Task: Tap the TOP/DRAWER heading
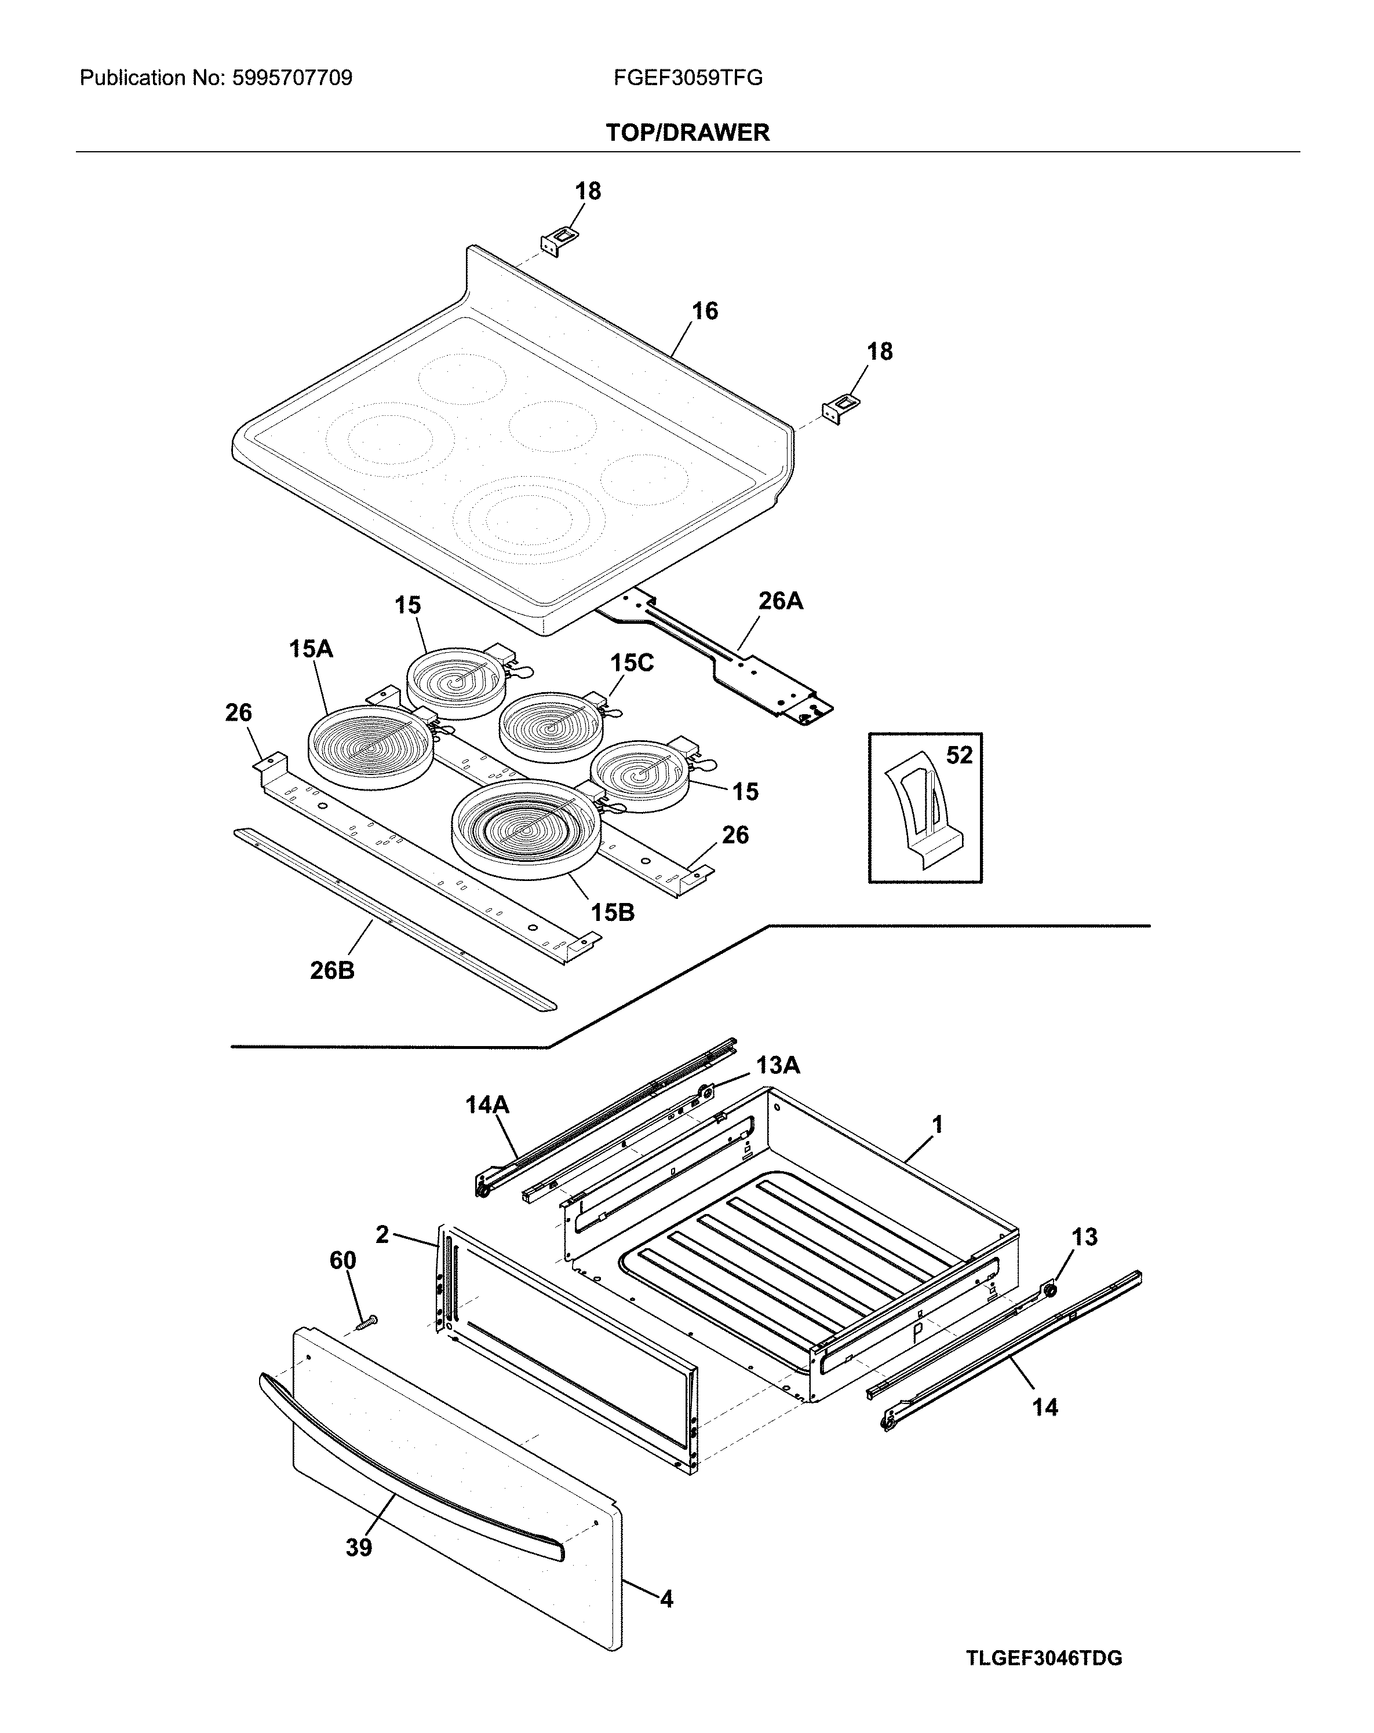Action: (x=687, y=133)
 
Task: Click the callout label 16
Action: (x=704, y=311)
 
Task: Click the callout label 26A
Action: (x=780, y=601)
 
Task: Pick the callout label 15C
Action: (x=631, y=663)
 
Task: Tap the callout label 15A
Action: (x=311, y=649)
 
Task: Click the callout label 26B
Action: (x=332, y=970)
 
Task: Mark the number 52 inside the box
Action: (x=958, y=755)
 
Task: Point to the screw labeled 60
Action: (x=367, y=1321)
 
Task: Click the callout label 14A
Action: (x=487, y=1105)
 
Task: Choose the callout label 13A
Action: (x=778, y=1065)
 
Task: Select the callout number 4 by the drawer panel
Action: (x=666, y=1599)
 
